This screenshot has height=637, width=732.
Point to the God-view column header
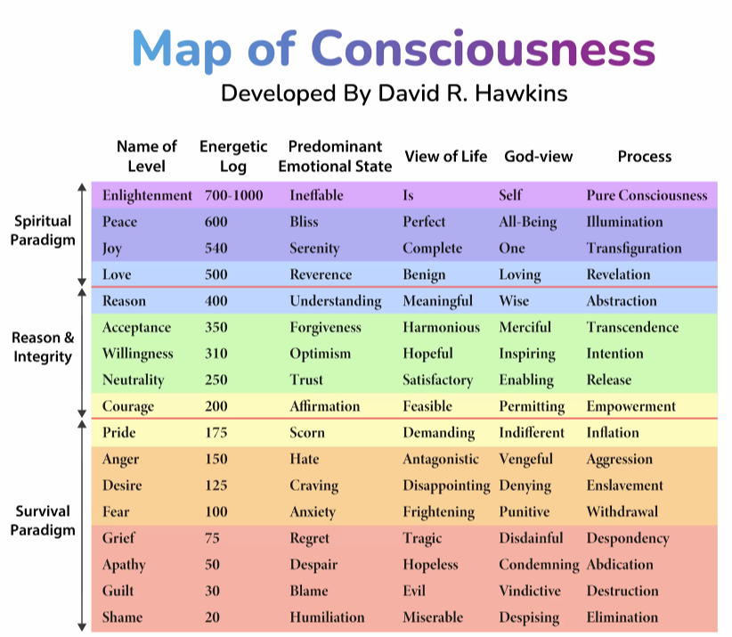(538, 157)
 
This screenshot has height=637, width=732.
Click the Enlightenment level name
(147, 195)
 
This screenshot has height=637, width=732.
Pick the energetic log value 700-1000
(233, 195)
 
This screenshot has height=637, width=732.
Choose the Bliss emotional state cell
(305, 222)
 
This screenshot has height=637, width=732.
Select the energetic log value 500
(216, 274)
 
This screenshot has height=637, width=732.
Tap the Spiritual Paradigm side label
(43, 230)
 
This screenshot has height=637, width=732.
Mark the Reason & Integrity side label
(43, 347)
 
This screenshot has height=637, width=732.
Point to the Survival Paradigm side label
(43, 521)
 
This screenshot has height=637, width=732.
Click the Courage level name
(128, 406)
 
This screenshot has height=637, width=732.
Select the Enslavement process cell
(624, 486)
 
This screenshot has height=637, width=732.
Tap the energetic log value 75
(212, 538)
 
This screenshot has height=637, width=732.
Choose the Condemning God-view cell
(539, 565)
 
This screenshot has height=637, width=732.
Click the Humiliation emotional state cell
(327, 617)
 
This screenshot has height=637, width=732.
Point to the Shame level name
(122, 617)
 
